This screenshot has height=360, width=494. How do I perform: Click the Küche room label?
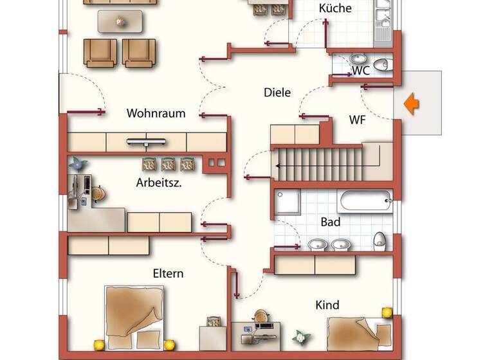click(x=335, y=8)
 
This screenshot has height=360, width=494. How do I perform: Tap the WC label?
click(x=360, y=71)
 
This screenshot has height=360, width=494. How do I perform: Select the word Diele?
click(x=277, y=93)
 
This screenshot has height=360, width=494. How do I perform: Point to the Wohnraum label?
click(x=156, y=113)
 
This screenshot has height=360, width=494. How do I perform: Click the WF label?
click(x=358, y=120)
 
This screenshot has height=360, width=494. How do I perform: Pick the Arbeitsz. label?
click(x=158, y=182)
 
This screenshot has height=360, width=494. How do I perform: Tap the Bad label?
click(x=330, y=222)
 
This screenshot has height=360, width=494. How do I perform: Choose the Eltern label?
click(x=168, y=273)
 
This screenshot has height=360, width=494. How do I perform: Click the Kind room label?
click(x=327, y=305)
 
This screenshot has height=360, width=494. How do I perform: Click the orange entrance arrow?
click(x=412, y=104)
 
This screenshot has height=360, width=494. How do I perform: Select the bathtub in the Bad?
click(x=365, y=201)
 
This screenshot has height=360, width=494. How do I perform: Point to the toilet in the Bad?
click(x=380, y=240)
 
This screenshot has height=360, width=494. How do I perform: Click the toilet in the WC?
click(x=383, y=63)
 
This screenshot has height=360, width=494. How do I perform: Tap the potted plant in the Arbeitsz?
click(x=78, y=163)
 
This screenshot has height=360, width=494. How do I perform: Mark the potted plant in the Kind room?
click(x=301, y=337)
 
